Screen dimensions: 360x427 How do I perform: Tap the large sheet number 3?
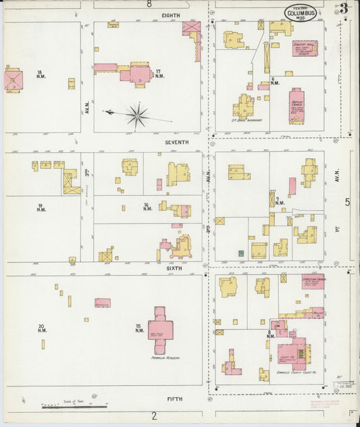[344, 9]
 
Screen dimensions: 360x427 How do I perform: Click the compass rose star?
[137, 115]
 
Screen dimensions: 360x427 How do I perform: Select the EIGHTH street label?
[170, 15]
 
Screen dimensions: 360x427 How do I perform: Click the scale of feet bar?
[74, 407]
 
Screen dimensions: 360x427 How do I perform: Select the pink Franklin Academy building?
[160, 329]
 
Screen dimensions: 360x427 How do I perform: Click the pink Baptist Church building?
[297, 105]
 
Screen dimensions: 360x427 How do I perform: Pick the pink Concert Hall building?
[304, 48]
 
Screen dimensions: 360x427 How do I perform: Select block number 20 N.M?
[42, 328]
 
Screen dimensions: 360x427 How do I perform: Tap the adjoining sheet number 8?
[149, 4]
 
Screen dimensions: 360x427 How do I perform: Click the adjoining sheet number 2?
[154, 415]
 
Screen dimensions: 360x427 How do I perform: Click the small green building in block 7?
[240, 253]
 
